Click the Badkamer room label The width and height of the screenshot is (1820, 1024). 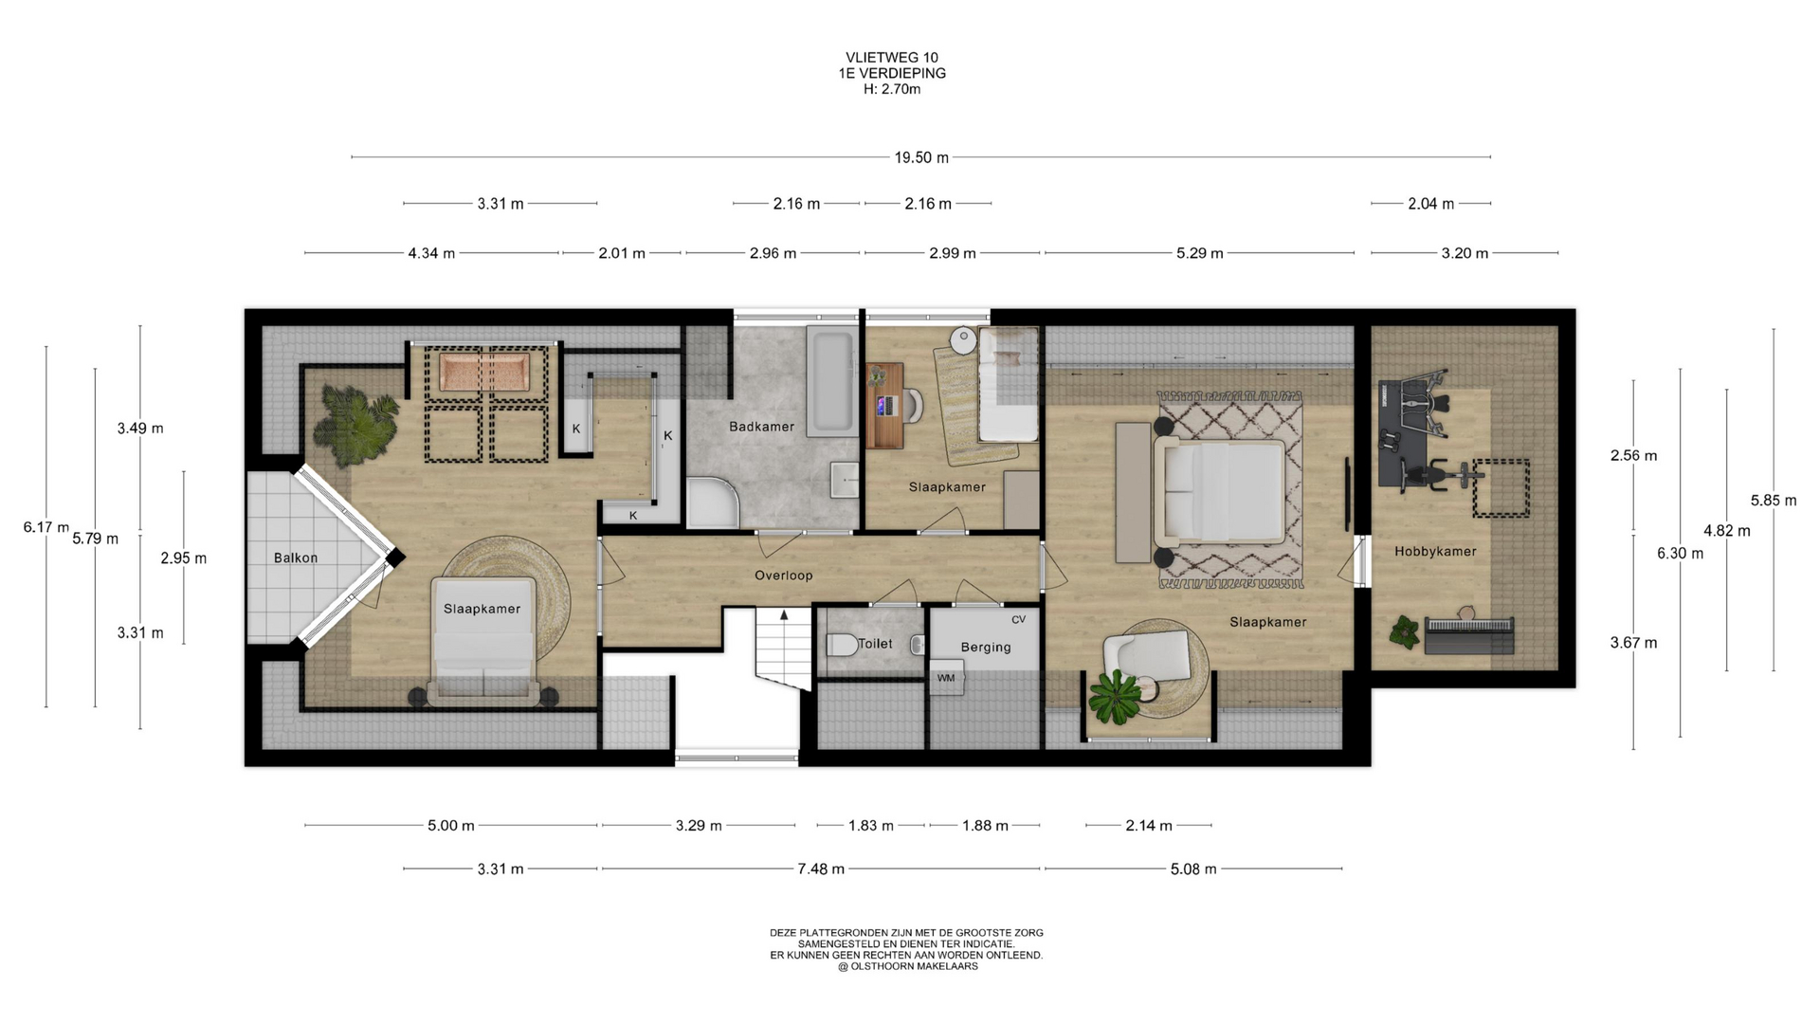click(x=761, y=427)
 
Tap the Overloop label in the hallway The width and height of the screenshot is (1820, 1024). click(x=783, y=576)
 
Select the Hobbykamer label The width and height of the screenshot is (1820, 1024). click(x=1435, y=551)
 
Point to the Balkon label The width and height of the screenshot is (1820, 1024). click(x=296, y=558)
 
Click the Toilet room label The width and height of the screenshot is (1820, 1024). click(x=875, y=644)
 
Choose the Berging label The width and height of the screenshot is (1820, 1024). click(x=986, y=648)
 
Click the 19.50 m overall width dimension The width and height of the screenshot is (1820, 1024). click(x=921, y=157)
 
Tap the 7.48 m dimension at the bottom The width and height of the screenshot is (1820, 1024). click(x=821, y=869)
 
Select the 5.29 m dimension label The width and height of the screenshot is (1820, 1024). click(x=1199, y=253)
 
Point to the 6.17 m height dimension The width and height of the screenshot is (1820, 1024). click(x=46, y=527)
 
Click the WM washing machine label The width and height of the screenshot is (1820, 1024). click(x=946, y=678)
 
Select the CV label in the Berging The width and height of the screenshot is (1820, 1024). click(x=1019, y=620)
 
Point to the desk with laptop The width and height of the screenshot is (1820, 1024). click(x=883, y=405)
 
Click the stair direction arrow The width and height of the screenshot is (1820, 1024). click(x=784, y=615)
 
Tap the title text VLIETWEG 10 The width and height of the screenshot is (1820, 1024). click(x=892, y=58)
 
